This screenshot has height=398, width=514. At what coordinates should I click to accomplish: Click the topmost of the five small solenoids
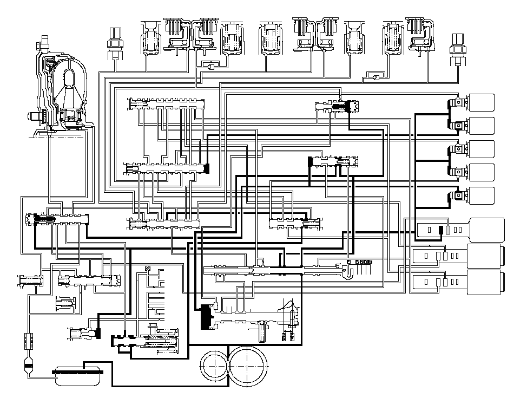[x=479, y=102]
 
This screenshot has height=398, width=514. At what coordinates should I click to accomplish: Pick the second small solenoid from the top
[x=479, y=126]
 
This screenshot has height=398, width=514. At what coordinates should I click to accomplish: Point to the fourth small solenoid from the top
[x=479, y=172]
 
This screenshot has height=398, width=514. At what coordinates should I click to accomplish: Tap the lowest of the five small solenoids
[x=479, y=195]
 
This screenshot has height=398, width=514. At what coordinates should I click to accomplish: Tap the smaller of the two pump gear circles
[x=214, y=367]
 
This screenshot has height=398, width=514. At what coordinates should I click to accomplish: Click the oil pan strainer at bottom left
[x=78, y=373]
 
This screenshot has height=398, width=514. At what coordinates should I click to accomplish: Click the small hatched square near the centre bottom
[x=148, y=269]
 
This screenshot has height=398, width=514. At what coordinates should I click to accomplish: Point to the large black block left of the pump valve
[x=206, y=317]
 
